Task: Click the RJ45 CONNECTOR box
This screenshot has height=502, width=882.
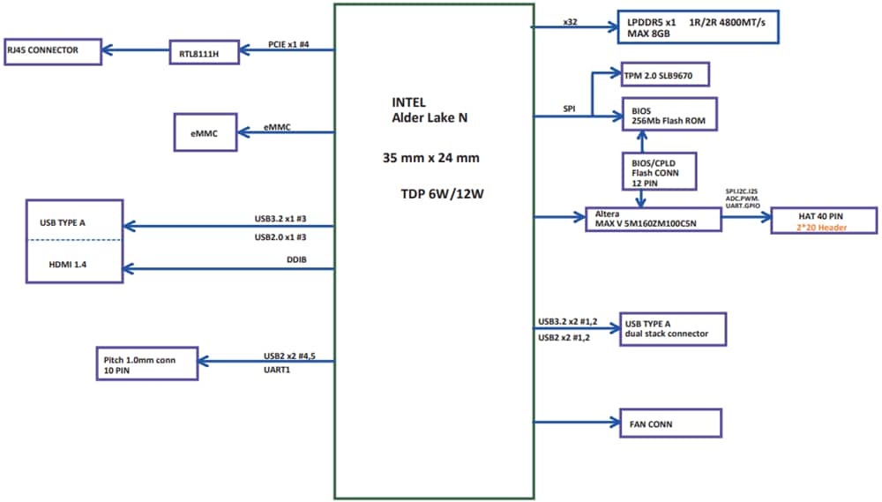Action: (53, 50)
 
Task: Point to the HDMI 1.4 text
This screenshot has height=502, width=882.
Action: (63, 264)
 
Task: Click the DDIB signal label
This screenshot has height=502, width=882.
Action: (296, 260)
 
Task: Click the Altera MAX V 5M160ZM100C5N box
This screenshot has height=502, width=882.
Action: (653, 219)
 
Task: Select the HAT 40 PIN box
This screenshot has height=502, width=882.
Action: (823, 221)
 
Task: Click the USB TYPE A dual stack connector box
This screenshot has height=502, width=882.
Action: (672, 328)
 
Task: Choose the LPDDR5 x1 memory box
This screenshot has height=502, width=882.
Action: (699, 26)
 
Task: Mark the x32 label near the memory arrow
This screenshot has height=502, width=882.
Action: (570, 20)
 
